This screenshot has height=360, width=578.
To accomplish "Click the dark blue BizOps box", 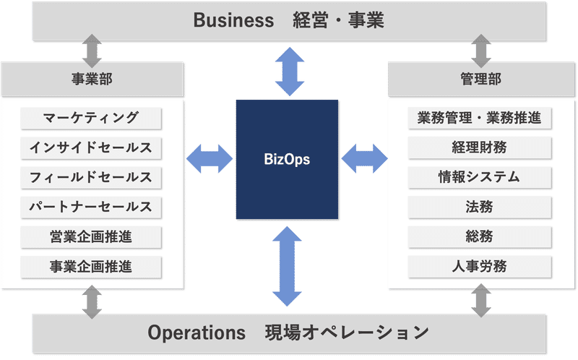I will pos(287,160).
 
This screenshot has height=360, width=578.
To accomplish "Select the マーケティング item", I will pos(91,118).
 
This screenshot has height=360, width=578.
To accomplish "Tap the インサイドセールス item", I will pos(91,147).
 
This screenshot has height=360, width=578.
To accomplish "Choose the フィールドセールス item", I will pos(91,177).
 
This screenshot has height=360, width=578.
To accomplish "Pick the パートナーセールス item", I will pos(91,207).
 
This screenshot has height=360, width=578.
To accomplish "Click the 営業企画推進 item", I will pos(91,236).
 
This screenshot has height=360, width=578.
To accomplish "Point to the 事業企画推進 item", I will pos(91,266).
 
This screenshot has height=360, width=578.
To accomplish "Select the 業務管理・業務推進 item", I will pos(480,118).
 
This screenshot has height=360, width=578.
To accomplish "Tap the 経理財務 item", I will pos(480,147).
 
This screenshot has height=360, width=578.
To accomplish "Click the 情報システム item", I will pos(480,177).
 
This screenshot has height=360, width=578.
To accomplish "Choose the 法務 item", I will pos(480,207).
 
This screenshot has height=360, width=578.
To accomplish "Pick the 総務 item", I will pos(480,236).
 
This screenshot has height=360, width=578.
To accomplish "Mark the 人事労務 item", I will pos(480,266).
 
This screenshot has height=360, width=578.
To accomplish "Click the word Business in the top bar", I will pos(233,20).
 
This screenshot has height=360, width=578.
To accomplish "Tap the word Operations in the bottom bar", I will pos(197,333).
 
